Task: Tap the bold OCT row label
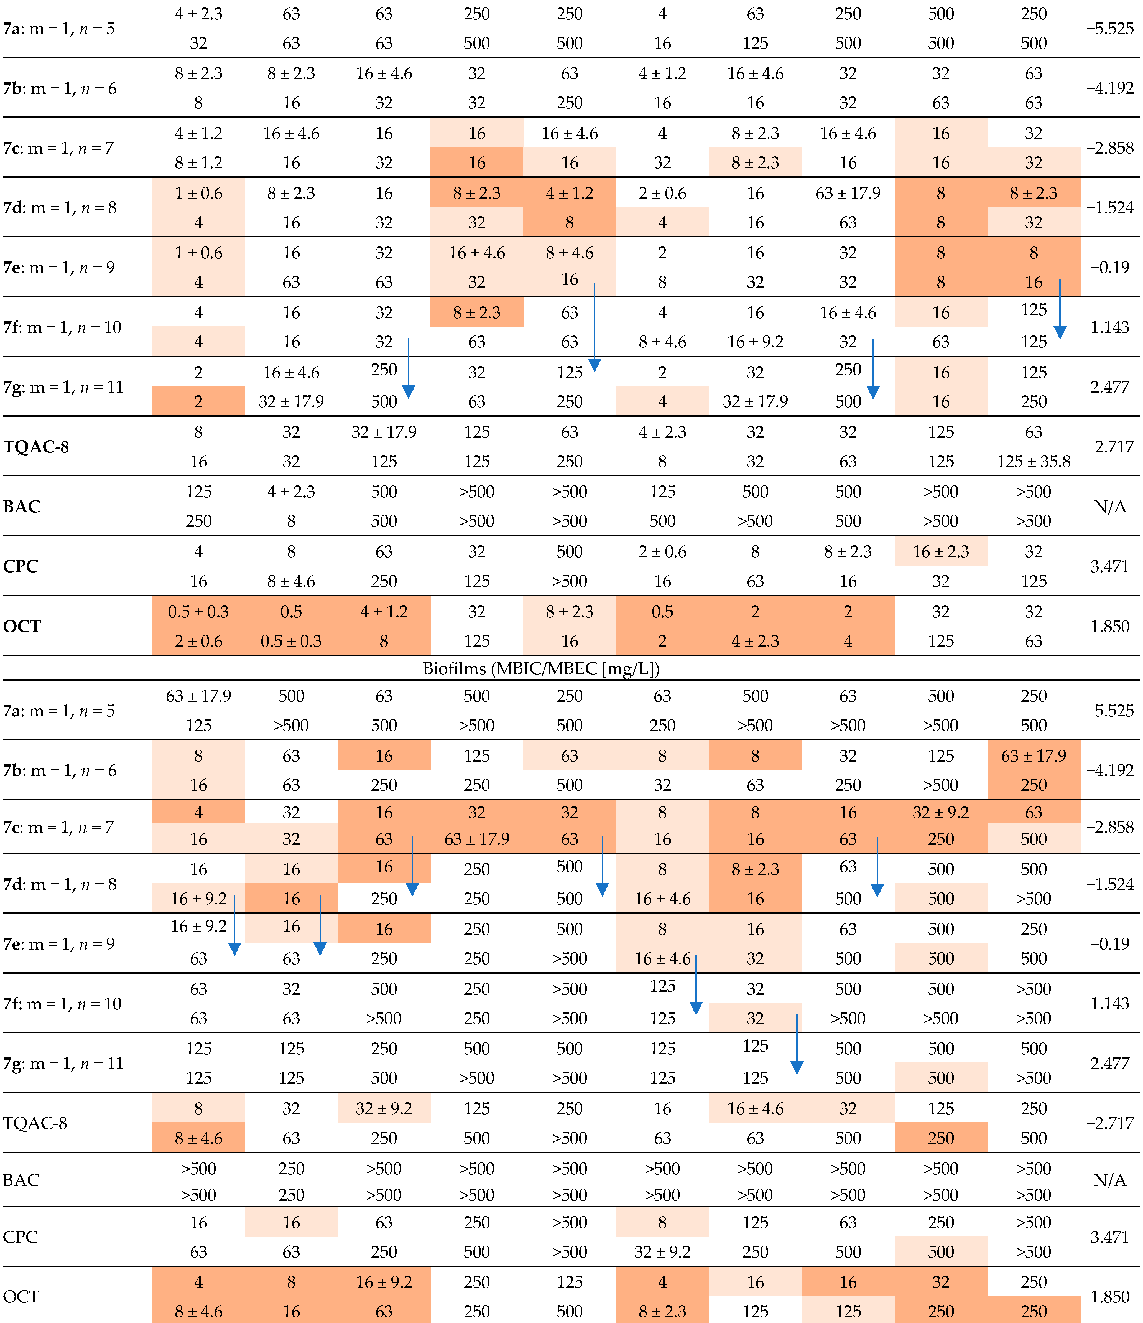click(x=22, y=626)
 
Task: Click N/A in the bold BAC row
click(x=1110, y=506)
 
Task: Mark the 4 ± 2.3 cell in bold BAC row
click(x=291, y=492)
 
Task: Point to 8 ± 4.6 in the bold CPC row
click(x=291, y=581)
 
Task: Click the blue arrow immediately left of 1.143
click(x=1059, y=310)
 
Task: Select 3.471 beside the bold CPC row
click(x=1110, y=566)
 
